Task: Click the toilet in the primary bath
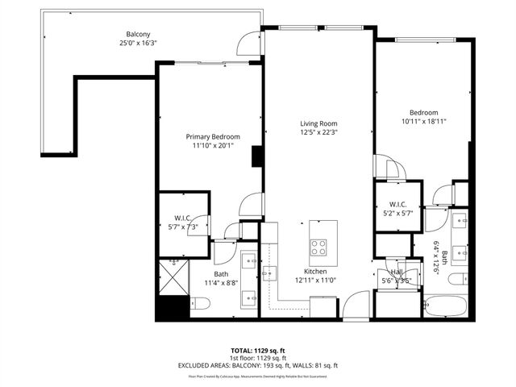click(x=202, y=303)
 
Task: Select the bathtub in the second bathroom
click(x=443, y=306)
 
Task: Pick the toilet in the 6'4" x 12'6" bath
click(x=456, y=280)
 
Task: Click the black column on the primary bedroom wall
click(x=257, y=156)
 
